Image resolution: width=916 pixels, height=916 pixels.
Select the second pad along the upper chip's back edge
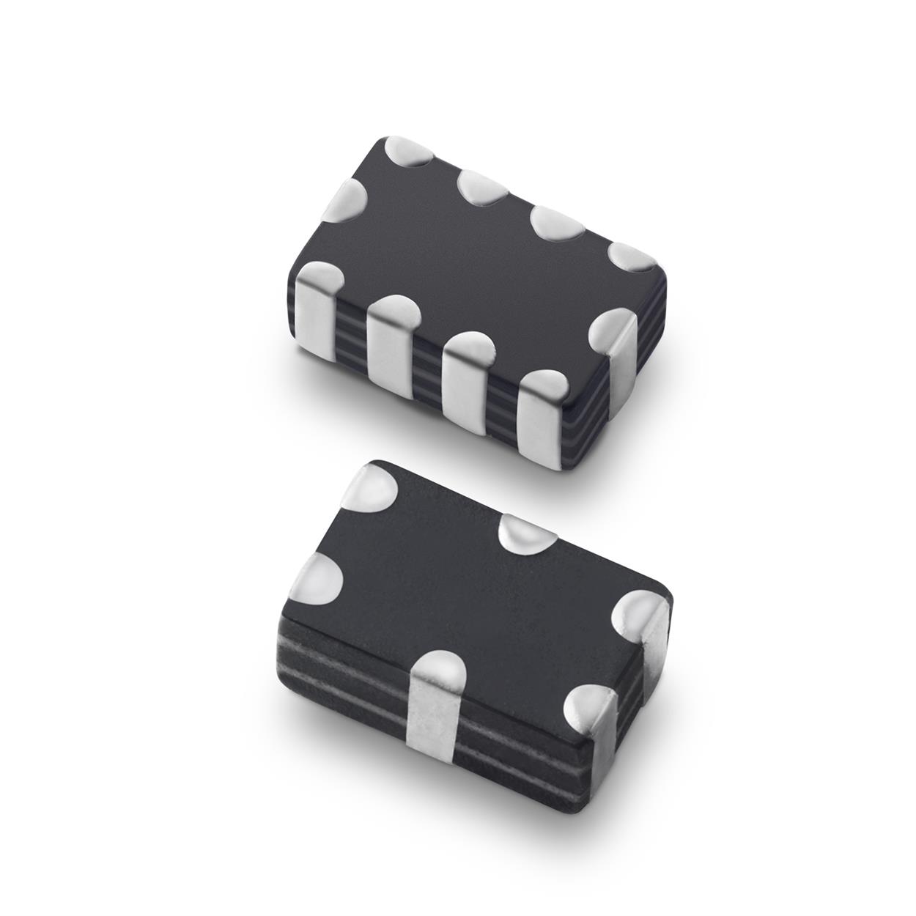pyautogui.click(x=484, y=187)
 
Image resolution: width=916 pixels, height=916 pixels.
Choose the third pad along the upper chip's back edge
pyautogui.click(x=557, y=224)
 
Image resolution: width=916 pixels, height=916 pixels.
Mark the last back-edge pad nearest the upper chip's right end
pyautogui.click(x=630, y=256)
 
